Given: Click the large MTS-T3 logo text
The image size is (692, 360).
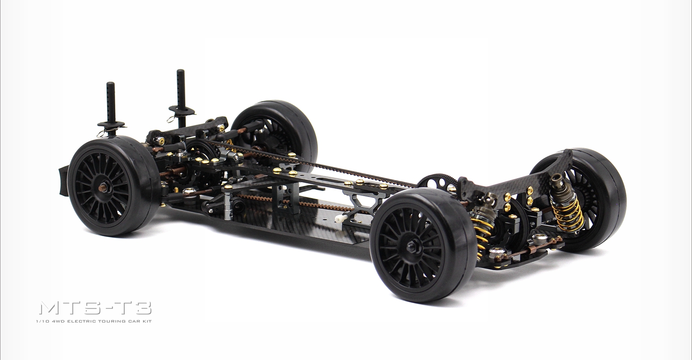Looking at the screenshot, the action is [95, 308].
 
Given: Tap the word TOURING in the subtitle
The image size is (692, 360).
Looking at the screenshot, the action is [115, 321].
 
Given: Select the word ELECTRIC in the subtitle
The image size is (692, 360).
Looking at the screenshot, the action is [92, 321].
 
